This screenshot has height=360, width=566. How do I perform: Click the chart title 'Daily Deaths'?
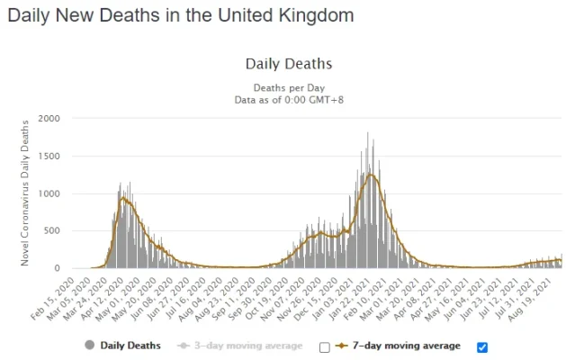pos(288,64)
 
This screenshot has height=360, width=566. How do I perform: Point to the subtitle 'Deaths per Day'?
pos(288,87)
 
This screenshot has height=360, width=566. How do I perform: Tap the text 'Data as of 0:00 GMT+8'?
pos(288,99)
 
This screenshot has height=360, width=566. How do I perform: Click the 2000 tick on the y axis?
pos(49,119)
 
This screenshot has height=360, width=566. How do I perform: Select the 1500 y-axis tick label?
pos(49,156)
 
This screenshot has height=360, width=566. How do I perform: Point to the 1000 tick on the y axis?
pos(49,193)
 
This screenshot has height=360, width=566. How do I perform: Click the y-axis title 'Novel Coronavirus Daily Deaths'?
pos(25,193)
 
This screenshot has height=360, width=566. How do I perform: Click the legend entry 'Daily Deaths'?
pos(124,345)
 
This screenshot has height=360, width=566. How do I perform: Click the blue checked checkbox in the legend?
pos(481,347)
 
